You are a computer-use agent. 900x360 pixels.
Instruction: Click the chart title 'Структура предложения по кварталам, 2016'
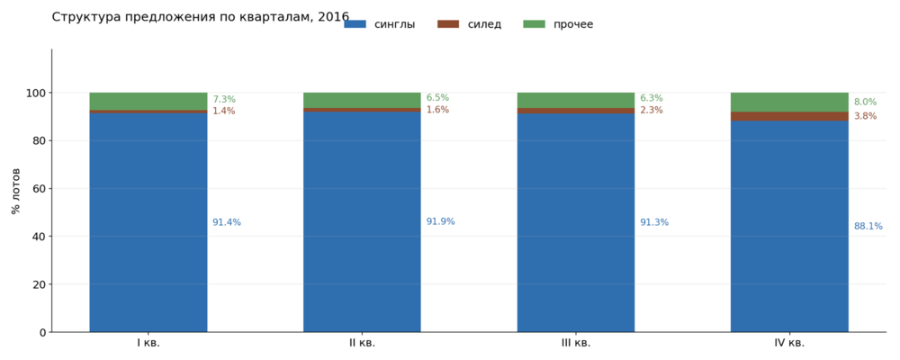pos(201,17)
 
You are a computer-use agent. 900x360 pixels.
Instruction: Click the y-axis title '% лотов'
pos(16,191)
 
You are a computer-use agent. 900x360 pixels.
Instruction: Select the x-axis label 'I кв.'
pos(148,343)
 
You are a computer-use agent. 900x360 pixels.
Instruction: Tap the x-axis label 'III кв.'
pos(576,343)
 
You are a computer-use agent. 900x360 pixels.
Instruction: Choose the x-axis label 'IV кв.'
pos(789,343)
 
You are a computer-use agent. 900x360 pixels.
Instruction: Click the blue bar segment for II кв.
pos(362,221)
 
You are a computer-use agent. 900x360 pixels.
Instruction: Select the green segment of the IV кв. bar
pos(789,103)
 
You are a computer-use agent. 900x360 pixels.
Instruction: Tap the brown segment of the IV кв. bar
pos(789,117)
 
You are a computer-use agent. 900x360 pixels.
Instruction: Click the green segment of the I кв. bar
pos(148,101)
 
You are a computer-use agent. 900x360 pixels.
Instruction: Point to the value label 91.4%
pos(227,223)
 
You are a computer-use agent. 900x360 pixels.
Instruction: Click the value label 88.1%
pos(868,226)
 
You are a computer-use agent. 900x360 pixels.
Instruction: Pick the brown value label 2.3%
pos(652,110)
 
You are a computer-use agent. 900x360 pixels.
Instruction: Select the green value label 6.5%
pos(437,98)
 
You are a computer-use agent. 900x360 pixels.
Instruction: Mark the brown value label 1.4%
pos(224,112)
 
